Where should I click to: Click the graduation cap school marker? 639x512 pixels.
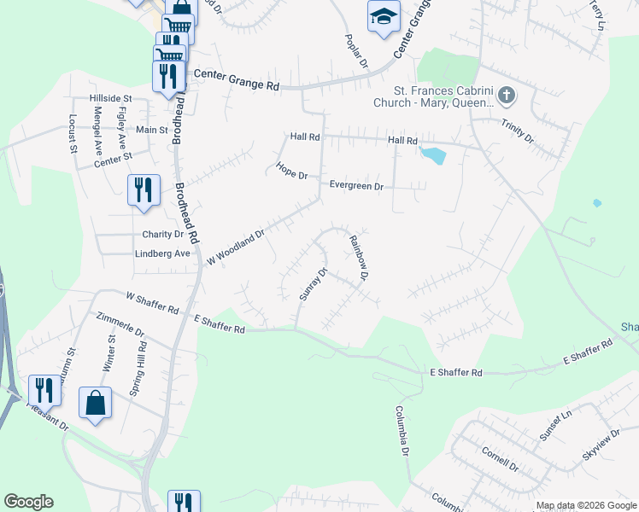point(384,15)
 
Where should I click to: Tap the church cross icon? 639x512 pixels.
point(507,96)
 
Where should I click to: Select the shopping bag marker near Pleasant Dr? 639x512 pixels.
point(97,402)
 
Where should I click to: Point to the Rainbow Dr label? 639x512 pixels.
point(358,259)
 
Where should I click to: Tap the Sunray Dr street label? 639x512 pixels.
point(314,285)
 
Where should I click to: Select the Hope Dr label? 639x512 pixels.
point(291,171)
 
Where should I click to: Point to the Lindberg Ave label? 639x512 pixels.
point(162,253)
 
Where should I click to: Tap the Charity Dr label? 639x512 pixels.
point(163,234)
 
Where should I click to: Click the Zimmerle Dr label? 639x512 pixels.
point(120,331)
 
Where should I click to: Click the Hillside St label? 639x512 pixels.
point(110,99)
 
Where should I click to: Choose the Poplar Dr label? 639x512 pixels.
point(355,51)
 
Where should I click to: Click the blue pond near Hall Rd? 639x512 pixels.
point(432,155)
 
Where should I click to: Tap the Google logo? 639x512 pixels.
point(28,502)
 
